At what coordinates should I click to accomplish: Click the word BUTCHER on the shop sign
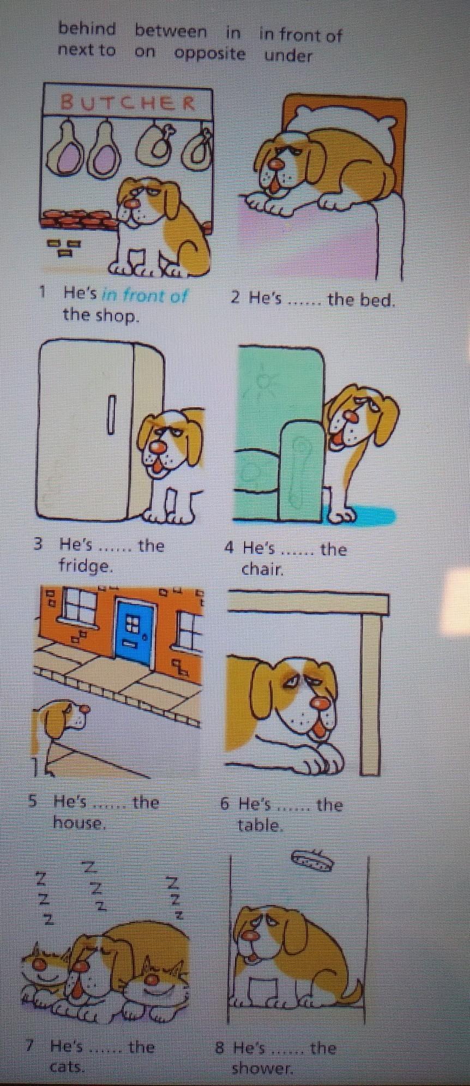(x=128, y=102)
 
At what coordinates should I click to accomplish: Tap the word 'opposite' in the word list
(x=210, y=55)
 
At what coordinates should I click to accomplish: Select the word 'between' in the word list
(x=171, y=31)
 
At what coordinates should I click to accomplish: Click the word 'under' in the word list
(x=288, y=55)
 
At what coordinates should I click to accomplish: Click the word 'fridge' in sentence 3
(x=86, y=566)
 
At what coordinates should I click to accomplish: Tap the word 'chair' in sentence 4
(x=263, y=570)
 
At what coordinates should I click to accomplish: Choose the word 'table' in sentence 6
(x=261, y=825)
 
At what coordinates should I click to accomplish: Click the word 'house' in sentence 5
(x=78, y=821)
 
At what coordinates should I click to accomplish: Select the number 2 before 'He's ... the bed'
(x=235, y=298)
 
